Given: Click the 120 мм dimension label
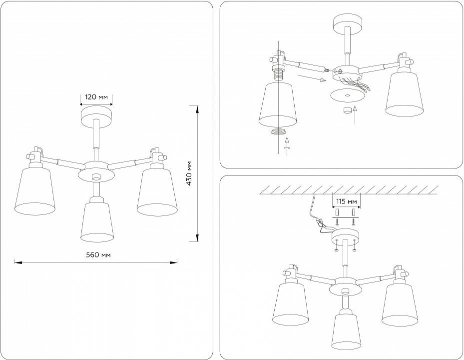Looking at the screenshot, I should point(96,97).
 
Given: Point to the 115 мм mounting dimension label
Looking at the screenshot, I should point(346,201).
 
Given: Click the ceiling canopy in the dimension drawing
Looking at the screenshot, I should point(96,114).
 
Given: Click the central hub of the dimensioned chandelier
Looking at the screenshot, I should point(96,172).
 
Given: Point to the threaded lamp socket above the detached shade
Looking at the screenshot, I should point(278,75).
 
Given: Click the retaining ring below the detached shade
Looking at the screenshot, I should point(278,132).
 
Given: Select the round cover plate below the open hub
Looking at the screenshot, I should point(346,94).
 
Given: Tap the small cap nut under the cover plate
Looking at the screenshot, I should point(346,110).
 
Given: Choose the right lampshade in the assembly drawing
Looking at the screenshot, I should point(404,95).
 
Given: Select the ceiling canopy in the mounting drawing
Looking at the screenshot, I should point(346,234).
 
